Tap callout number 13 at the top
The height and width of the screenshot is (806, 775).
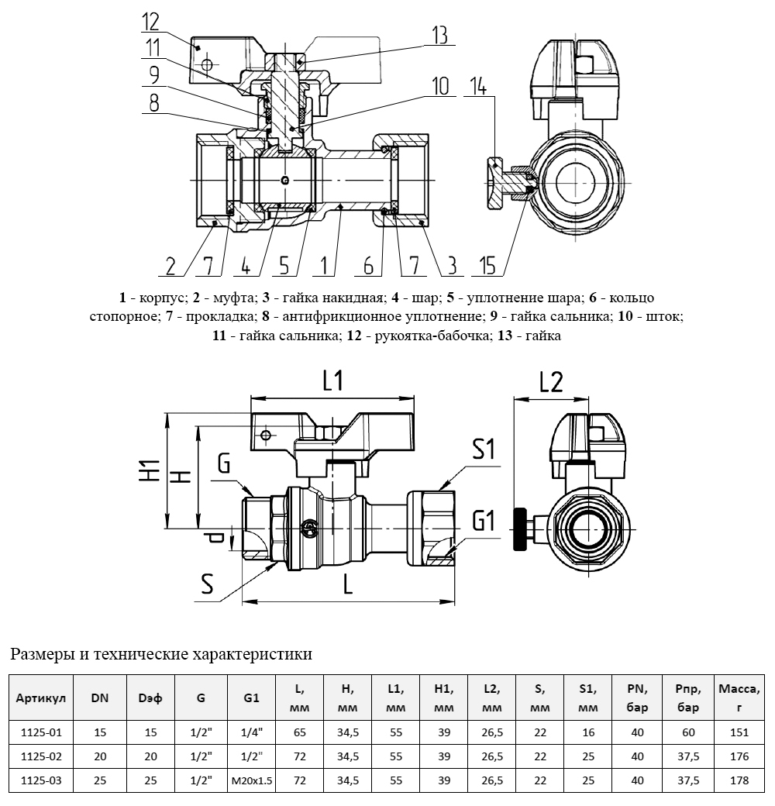pyautogui.click(x=439, y=35)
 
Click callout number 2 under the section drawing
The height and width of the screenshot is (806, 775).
pyautogui.click(x=172, y=266)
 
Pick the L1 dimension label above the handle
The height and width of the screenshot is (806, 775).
pyautogui.click(x=333, y=381)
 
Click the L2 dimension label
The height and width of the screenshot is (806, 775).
pyautogui.click(x=550, y=382)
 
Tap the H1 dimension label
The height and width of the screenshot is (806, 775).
pyautogui.click(x=150, y=470)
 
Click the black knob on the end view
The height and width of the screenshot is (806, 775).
pyautogui.click(x=518, y=529)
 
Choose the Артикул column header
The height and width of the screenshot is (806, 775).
pyautogui.click(x=41, y=697)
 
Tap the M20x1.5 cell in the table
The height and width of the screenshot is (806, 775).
pyautogui.click(x=252, y=781)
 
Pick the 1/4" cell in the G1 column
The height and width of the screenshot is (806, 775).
pyautogui.click(x=252, y=731)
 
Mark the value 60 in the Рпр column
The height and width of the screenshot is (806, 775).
pyautogui.click(x=687, y=731)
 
